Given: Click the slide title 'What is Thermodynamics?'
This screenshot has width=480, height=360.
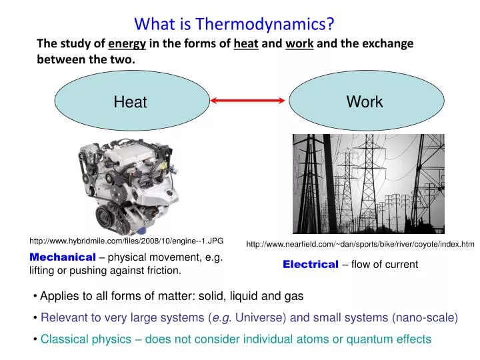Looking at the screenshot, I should [x=234, y=24].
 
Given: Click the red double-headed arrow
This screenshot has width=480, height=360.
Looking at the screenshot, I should [x=248, y=101].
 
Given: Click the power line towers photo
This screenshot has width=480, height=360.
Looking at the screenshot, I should [x=368, y=183].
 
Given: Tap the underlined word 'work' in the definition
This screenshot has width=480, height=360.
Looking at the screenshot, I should [x=299, y=44].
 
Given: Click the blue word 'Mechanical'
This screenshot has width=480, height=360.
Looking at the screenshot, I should [x=63, y=257].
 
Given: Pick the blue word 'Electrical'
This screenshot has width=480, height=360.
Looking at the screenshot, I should [x=311, y=265].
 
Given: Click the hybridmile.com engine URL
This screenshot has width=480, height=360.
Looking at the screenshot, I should [x=126, y=240].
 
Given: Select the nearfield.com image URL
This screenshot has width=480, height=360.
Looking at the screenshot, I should [x=360, y=245].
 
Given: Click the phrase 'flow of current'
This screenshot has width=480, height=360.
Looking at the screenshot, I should [x=385, y=265].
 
